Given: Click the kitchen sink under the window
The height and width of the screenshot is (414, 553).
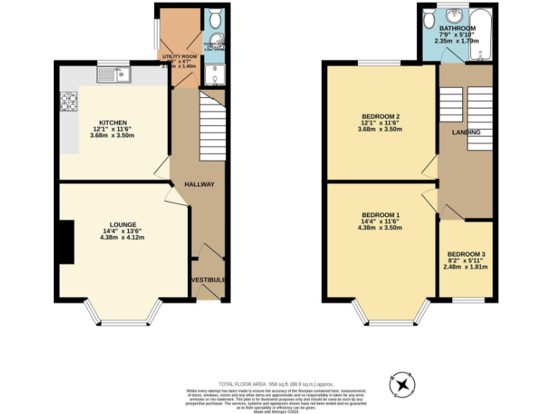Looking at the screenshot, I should point(114,73).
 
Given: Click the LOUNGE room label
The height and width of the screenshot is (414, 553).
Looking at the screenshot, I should point(122,225).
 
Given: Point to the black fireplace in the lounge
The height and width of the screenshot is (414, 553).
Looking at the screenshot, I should point(66,242).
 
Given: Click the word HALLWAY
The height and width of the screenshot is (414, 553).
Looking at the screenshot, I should point(199,185).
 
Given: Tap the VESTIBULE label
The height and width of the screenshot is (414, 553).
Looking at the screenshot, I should point(209,280).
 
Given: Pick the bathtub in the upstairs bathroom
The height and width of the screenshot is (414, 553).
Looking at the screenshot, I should point(485,34).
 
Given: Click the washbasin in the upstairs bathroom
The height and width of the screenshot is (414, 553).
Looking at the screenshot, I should point(456,15).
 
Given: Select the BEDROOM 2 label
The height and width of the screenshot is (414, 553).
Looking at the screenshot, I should point(381,116).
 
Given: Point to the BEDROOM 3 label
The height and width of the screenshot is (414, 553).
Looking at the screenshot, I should point(466,254).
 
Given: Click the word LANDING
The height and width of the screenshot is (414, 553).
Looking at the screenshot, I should point(466,133).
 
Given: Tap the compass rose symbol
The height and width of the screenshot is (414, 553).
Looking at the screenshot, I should point(400,385).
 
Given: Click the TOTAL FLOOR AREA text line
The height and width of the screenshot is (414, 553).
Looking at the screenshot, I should point(276,385).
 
